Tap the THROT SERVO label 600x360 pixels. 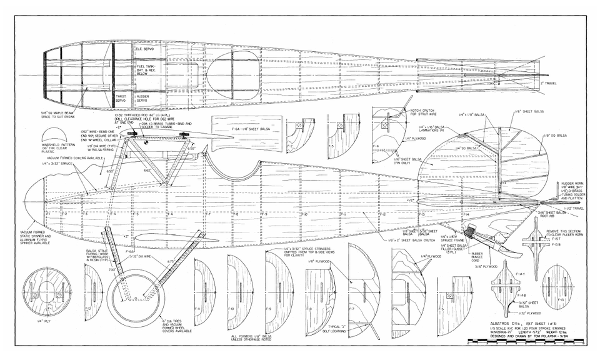(121, 98)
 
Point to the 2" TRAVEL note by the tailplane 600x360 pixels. (549, 82)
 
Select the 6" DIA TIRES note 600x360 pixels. (172, 326)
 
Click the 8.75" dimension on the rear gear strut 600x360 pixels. (169, 261)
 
